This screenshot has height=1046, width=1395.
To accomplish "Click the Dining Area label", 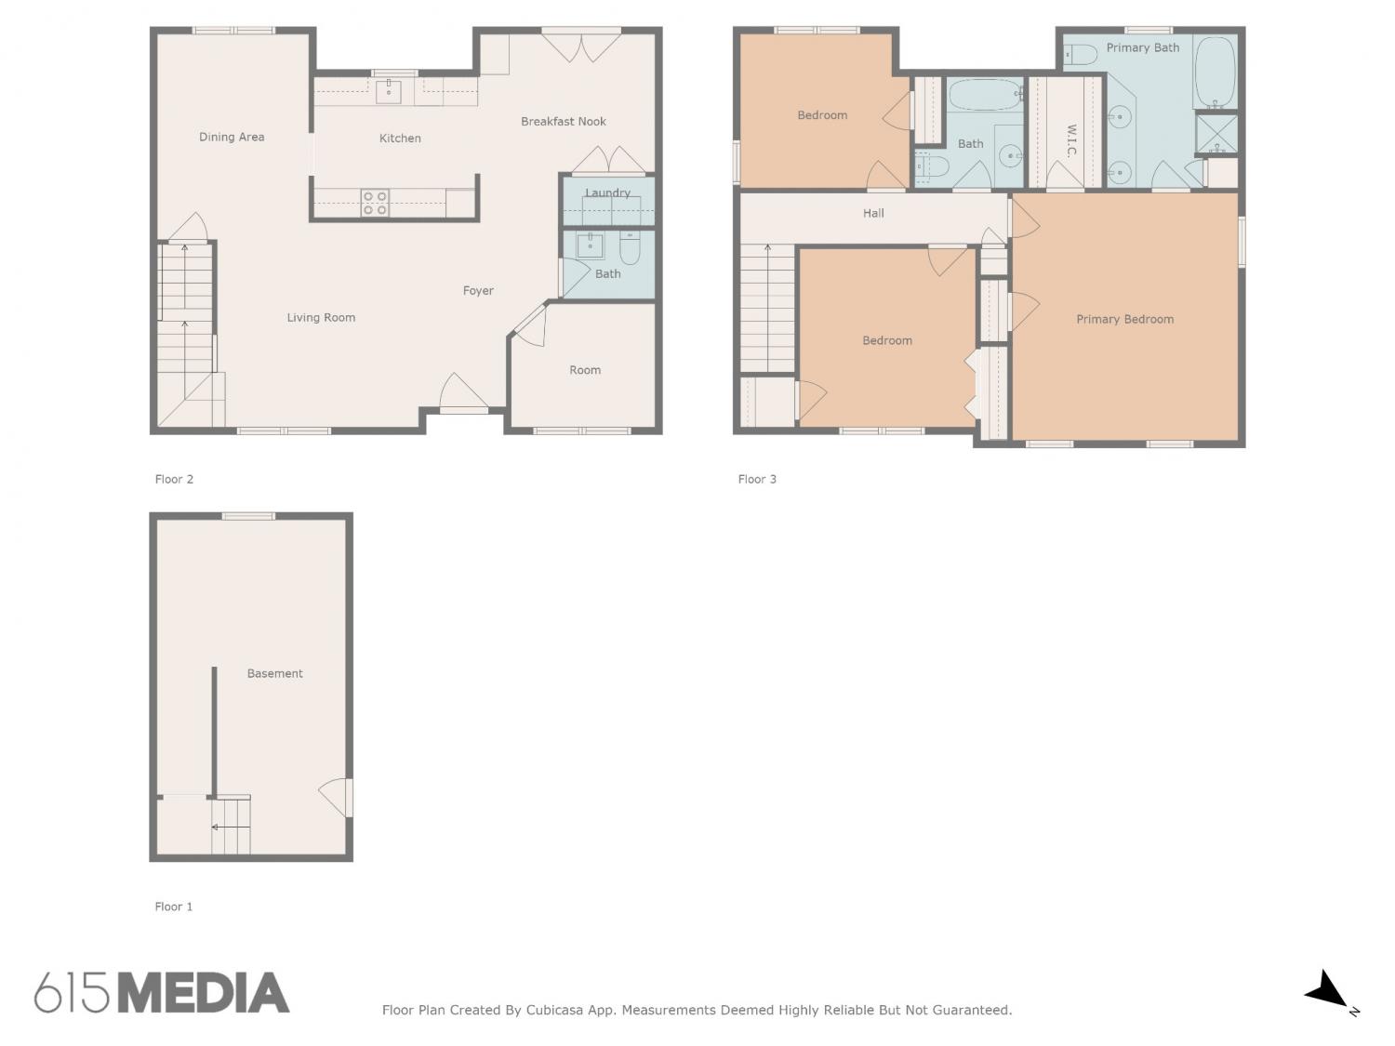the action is pos(232,137).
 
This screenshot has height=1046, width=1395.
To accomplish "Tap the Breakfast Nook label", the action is pos(563,121).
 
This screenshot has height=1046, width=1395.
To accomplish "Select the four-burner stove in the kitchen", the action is pos(375,204).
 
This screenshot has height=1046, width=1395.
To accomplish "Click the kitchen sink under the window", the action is pos(389,90).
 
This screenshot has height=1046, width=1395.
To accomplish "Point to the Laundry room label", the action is pos(607,192).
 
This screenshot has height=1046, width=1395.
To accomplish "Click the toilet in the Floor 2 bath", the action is pos(630,248).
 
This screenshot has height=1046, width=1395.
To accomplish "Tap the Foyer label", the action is pos(478,291).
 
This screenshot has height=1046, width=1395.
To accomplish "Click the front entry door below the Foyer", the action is pos(464,393).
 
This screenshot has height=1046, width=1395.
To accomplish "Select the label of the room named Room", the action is pos(585,370).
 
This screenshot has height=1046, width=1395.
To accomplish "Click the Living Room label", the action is pos(321,318).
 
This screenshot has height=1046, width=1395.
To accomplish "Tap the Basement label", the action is pos(274,673).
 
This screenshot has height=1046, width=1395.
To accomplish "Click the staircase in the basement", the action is pos(231,825).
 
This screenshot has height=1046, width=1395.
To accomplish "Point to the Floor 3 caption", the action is pos(757,479).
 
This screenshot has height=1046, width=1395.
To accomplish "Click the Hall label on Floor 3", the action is pos(873,214).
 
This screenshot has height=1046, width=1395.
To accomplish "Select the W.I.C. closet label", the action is pos(1070,140).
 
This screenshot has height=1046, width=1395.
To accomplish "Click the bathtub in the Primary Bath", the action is pos(1215,72).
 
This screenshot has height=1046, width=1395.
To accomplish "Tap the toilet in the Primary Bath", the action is pos(1081,55).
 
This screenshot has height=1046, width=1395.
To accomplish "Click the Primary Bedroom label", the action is pos(1125,320).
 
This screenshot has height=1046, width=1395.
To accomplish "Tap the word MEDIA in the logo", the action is pos(205,993).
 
